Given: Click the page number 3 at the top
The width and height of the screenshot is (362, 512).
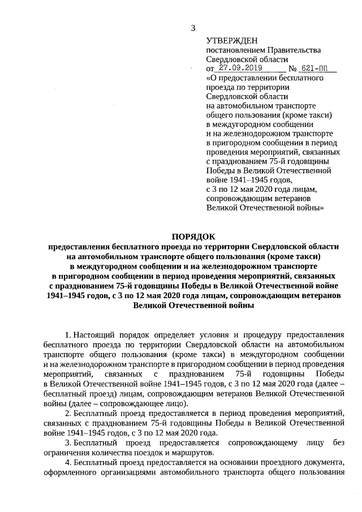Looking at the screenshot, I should [193, 28].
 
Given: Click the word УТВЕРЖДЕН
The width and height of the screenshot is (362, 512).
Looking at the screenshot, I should [231, 41].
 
